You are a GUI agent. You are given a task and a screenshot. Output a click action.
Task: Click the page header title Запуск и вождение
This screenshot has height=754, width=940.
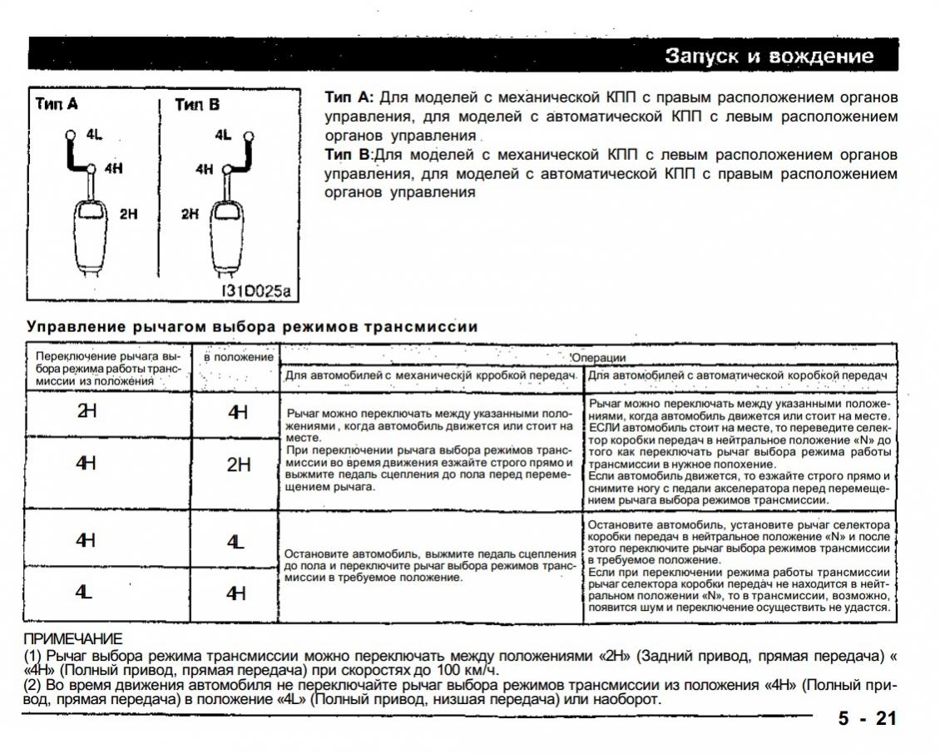coord(769,56)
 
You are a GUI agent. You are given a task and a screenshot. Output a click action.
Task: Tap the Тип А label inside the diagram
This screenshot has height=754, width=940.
coord(57,104)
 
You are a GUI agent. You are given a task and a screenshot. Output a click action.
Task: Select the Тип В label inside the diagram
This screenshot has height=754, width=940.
coord(197,104)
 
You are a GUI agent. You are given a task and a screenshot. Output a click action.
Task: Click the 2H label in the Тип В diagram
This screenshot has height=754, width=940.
coord(191,214)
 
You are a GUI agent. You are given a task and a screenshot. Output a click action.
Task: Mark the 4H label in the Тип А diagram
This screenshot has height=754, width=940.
coord(114,168)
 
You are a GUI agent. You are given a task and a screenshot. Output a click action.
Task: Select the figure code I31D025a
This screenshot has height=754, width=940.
coord(256,291)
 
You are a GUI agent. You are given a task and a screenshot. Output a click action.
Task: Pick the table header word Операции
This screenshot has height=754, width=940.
coord(598,358)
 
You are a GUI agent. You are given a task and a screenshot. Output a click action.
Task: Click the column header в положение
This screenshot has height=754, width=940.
coord(239,357)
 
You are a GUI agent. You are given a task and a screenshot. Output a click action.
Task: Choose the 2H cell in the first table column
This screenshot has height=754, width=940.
coord(86,410)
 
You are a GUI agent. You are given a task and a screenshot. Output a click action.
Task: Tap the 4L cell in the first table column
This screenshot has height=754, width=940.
coord(84,593)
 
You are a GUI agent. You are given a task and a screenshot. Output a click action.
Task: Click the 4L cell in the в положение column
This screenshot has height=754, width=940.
coord(236,542)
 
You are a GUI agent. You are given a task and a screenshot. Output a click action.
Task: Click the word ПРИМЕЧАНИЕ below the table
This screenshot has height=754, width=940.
coord(72,638)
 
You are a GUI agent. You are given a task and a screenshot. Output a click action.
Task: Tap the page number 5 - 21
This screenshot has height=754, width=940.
coord(868,718)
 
